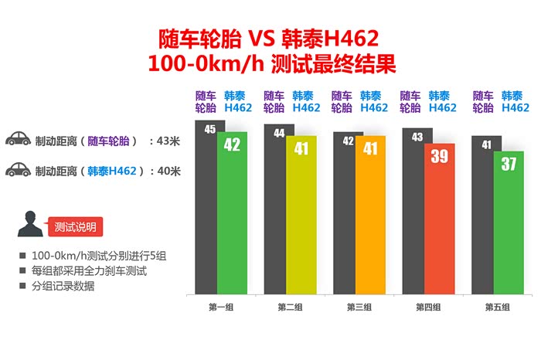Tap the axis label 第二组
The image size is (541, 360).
click(291, 307)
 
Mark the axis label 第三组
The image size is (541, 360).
click(359, 307)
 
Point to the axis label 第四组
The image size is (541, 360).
click(428, 307)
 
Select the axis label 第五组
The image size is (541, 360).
click(497, 307)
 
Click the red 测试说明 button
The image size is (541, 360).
click(75, 227)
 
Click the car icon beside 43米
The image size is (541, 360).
click(18, 141)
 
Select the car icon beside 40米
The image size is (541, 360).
click(18, 170)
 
